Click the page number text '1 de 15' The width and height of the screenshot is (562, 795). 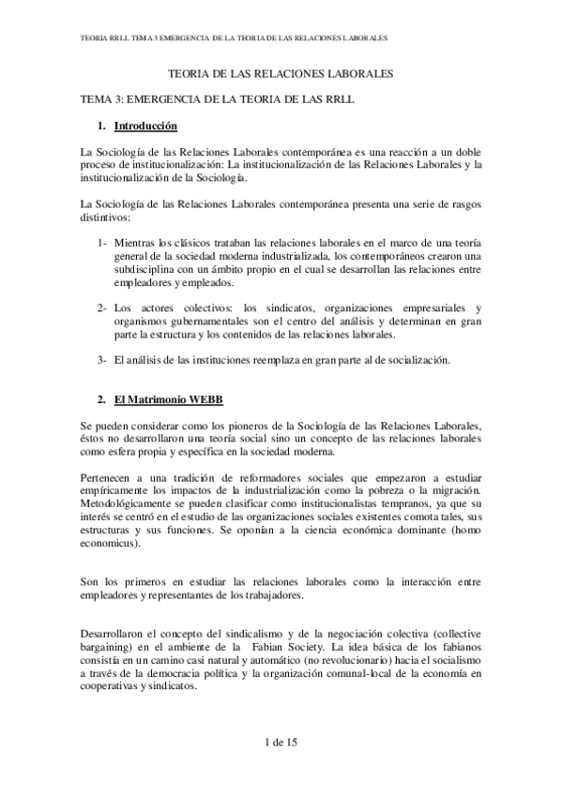[281, 742]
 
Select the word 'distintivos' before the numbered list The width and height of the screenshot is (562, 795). [106, 216]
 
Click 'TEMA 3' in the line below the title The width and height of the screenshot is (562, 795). [100, 97]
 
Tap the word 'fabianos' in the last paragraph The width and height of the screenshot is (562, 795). [456, 647]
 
